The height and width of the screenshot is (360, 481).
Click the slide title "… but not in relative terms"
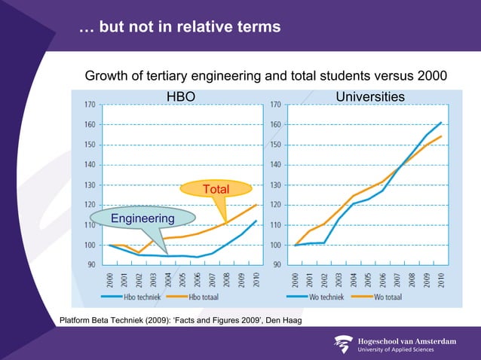[179, 27]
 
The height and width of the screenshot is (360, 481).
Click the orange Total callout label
[216, 188]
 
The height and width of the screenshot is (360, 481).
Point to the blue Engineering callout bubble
[142, 218]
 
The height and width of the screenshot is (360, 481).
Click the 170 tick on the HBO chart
[89, 105]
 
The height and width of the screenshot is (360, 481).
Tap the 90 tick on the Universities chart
[275, 264]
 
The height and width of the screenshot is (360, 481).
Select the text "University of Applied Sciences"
[400, 349]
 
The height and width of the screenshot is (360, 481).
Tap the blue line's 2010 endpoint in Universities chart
[442, 122]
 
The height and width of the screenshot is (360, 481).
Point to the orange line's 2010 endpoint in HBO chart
[257, 204]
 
